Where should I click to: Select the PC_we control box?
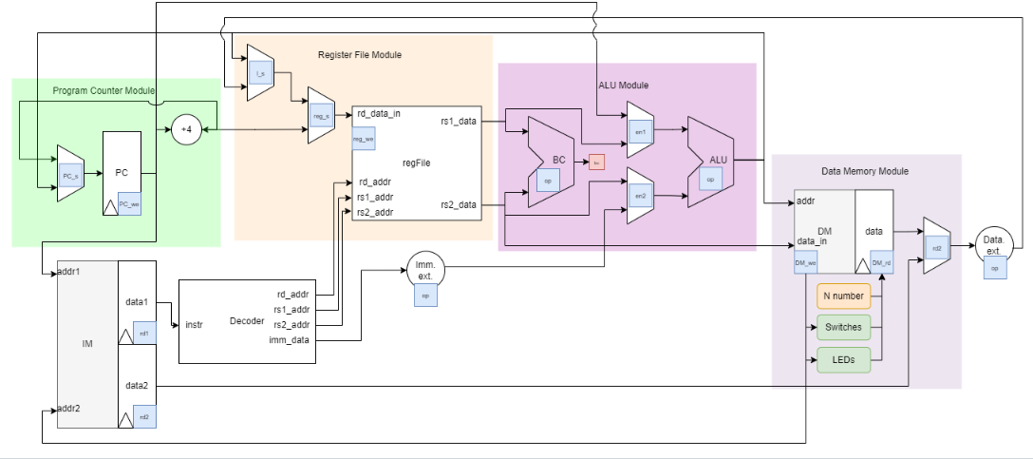129,203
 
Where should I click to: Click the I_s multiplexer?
260,72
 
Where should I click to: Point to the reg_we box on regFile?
363,139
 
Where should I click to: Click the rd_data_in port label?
379,114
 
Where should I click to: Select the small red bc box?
596,163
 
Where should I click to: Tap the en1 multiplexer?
640,130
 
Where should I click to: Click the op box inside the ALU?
710,179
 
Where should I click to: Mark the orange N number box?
842,296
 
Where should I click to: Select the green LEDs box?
842,360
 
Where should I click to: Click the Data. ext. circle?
994,244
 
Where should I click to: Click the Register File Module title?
359,55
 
